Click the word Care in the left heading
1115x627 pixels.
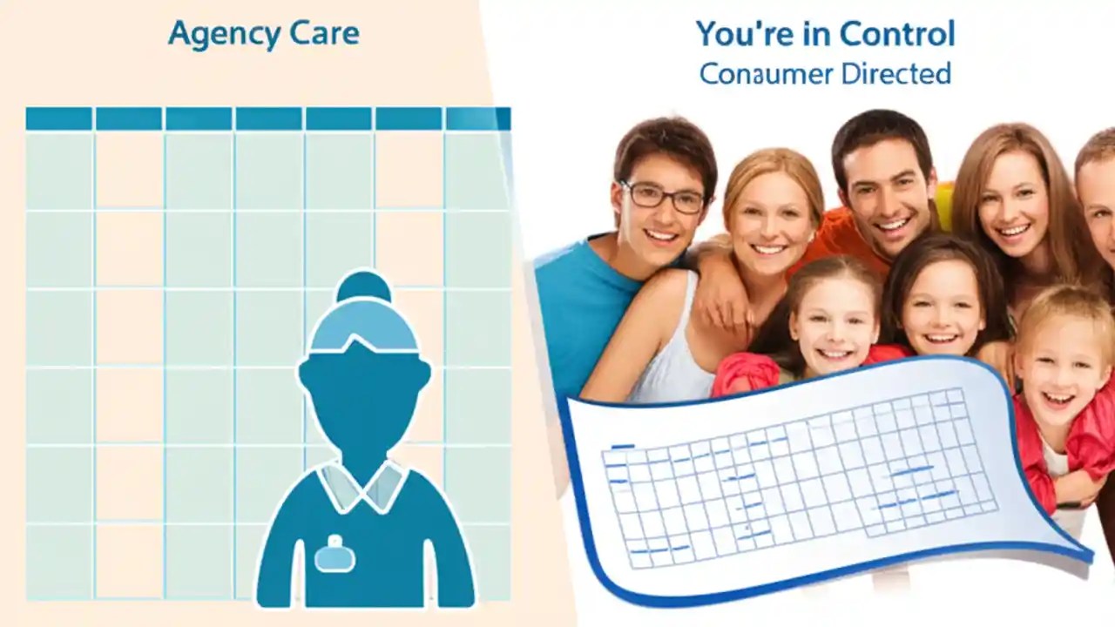click(326, 35)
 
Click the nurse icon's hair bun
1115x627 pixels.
click(364, 287)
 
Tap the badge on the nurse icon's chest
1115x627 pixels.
click(335, 554)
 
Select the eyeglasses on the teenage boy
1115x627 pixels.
click(663, 197)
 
